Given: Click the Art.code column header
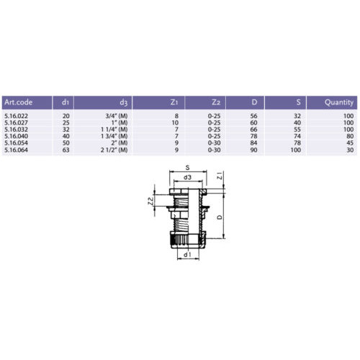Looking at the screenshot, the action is pos(18,102).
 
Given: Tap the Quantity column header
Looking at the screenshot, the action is pos(339,102).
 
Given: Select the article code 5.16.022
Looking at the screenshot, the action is pos(16,116).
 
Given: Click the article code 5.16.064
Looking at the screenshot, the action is pos(16,150).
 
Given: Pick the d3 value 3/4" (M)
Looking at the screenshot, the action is pos(117,116).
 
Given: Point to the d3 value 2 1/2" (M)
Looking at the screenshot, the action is pos(114,150).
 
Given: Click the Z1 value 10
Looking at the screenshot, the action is pos(175,122).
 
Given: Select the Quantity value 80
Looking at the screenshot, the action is pos(350,136).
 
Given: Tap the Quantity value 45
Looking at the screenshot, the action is pos(350,143).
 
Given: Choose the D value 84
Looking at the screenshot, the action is pos(253,143).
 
